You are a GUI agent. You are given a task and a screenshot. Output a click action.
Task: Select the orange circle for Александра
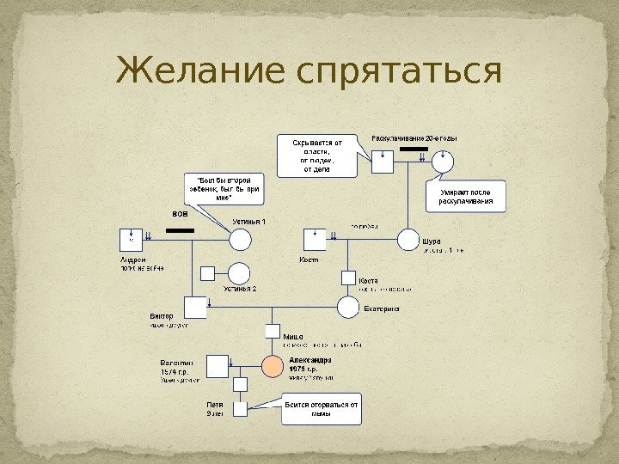point(272,367)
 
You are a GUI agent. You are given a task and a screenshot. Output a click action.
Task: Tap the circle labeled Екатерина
point(347,307)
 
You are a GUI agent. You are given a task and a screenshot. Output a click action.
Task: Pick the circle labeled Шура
point(408,240)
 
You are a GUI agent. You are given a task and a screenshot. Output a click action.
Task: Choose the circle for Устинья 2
point(238,273)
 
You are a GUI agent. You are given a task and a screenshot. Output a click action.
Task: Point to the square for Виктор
point(198,307)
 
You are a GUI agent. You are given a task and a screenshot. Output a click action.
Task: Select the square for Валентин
point(220,365)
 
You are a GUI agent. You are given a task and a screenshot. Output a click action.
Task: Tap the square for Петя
point(242,408)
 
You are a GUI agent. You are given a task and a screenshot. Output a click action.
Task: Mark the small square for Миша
point(273,331)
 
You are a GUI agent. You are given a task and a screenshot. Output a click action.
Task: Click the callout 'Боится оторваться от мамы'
point(322,409)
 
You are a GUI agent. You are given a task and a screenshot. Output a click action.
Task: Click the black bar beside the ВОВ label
point(181,231)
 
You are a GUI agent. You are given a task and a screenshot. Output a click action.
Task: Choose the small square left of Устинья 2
point(207,274)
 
